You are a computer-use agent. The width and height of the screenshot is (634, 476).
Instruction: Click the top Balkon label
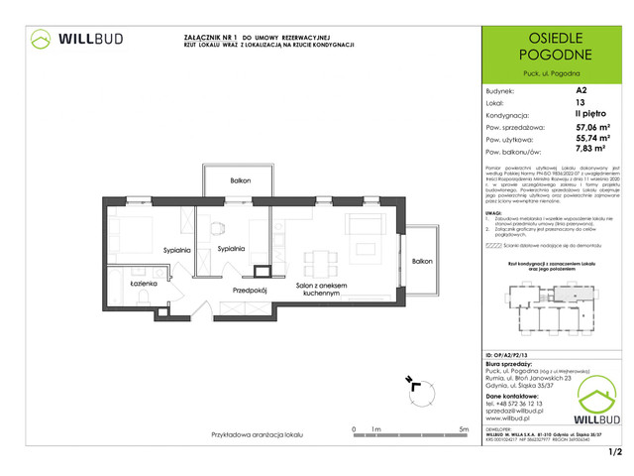(x=240, y=181)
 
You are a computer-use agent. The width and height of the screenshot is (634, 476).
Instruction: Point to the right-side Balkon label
(x=422, y=261)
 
